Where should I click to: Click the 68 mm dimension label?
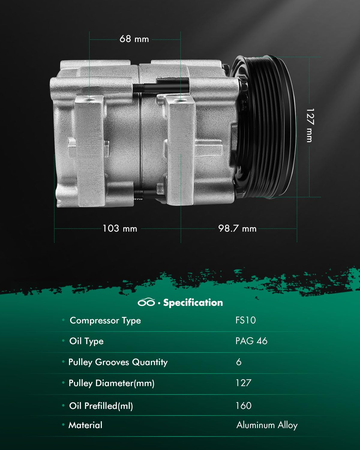tap(134, 39)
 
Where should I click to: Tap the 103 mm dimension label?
tap(120, 228)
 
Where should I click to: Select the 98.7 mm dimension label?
tap(237, 228)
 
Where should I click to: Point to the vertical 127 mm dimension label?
tap(310, 125)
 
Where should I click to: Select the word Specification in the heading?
tap(193, 303)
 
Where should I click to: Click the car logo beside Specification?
tap(146, 302)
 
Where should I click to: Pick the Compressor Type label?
tap(105, 321)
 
